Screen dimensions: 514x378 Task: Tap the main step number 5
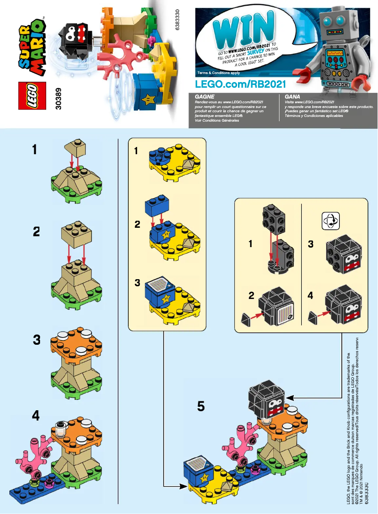(201, 406)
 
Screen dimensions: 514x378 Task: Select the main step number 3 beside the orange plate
(36, 340)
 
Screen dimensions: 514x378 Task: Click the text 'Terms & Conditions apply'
(219, 73)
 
